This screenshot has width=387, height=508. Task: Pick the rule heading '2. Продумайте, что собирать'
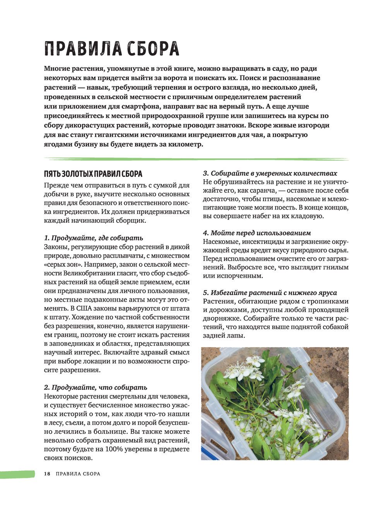click(x=95, y=387)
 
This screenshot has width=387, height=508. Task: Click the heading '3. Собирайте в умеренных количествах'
click(x=270, y=173)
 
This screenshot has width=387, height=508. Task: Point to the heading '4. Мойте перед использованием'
click(x=257, y=233)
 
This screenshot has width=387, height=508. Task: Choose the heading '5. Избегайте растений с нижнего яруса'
click(x=270, y=293)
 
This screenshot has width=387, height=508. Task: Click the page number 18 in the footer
click(x=47, y=474)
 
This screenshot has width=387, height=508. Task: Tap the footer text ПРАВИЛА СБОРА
click(x=78, y=474)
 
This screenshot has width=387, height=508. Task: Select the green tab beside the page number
click(x=17, y=474)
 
